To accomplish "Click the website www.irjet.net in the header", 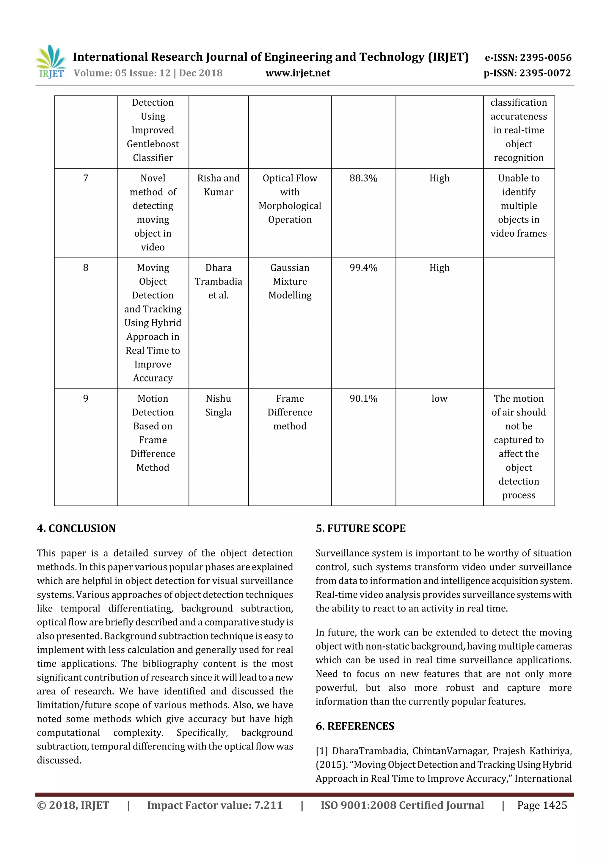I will coord(298,73).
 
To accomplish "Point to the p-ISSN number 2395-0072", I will coord(545,73).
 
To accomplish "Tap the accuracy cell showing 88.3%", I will coord(363,178).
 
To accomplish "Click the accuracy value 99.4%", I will coord(363,268).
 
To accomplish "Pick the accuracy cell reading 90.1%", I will coord(363,398).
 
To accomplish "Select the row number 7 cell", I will coord(86,178).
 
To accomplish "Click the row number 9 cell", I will coord(86,398).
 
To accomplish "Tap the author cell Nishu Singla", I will coord(218,406).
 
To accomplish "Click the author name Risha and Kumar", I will coord(218,185).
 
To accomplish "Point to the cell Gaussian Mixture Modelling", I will coord(290,281).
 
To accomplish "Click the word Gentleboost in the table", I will coord(153,144).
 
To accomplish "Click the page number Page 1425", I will coord(541,805).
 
